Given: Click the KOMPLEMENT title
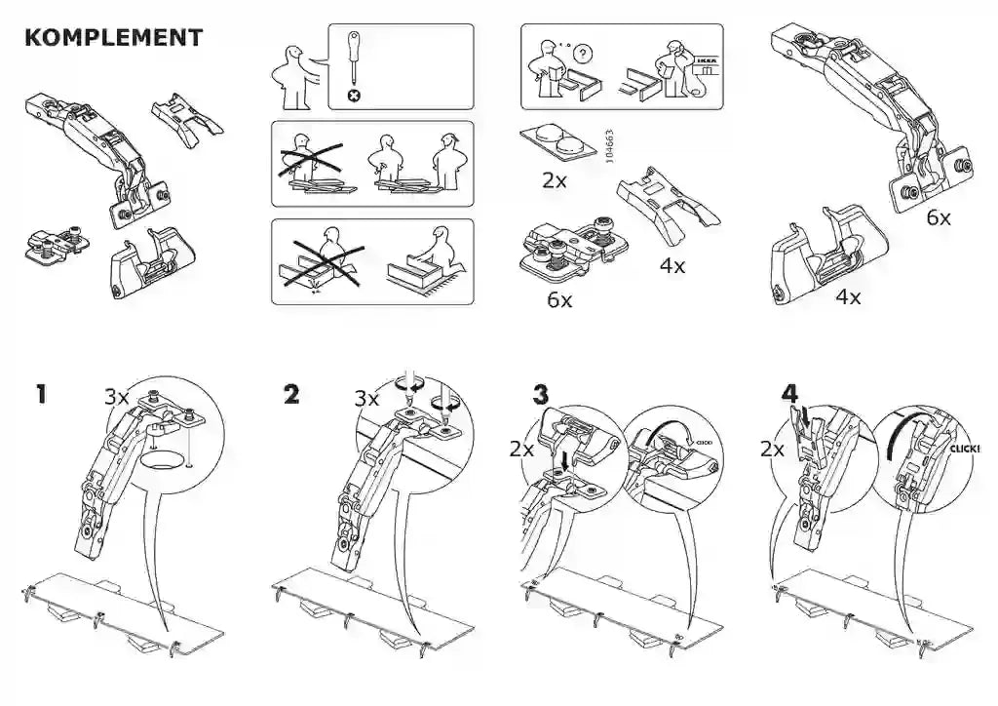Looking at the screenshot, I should coord(113,38).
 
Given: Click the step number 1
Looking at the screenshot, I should coord(40,395).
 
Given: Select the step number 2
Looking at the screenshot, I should coord(290,395).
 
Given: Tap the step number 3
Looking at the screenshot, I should coord(541,395).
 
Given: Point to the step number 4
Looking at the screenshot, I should coord(789,394).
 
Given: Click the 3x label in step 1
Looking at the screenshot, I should coord(117,397).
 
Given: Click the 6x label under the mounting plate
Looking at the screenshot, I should coord(559,300).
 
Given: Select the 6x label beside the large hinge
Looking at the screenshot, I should coord(938,218).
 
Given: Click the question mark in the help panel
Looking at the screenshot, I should coord(584,50).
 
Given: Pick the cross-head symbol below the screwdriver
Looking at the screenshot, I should coord(354,96).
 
